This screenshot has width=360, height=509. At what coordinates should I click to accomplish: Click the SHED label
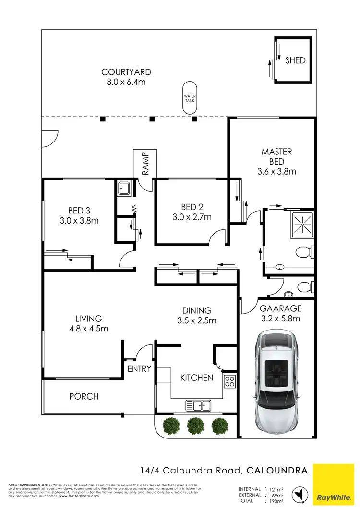[295, 60]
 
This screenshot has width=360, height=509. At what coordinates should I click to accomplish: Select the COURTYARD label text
[126, 72]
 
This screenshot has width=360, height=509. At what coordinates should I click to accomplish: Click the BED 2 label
[192, 207]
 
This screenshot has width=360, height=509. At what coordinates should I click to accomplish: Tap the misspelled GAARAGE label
[280, 308]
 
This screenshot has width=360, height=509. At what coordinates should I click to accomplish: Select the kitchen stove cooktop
[229, 381]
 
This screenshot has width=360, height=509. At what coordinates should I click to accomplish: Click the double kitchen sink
[198, 405]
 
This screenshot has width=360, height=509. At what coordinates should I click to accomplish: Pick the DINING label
[197, 310]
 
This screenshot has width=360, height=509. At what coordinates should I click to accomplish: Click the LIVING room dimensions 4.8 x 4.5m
[88, 329]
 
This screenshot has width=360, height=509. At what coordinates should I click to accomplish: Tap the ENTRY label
[139, 368]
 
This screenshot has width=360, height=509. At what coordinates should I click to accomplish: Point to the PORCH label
[84, 396]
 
